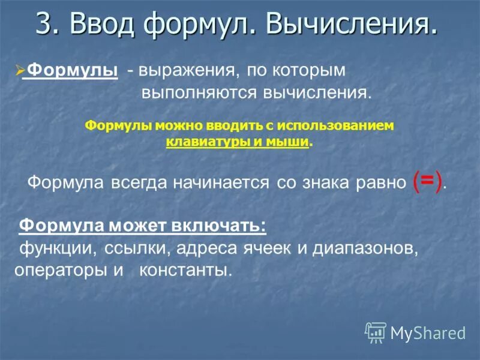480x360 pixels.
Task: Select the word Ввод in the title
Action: [96, 24]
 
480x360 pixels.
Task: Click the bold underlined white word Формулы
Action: [73, 70]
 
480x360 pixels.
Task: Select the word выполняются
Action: [199, 93]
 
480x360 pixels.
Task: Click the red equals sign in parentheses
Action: [428, 181]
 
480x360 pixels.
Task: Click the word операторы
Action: [60, 270]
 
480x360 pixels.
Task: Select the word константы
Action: [185, 270]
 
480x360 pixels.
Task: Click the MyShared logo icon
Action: [376, 332]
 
